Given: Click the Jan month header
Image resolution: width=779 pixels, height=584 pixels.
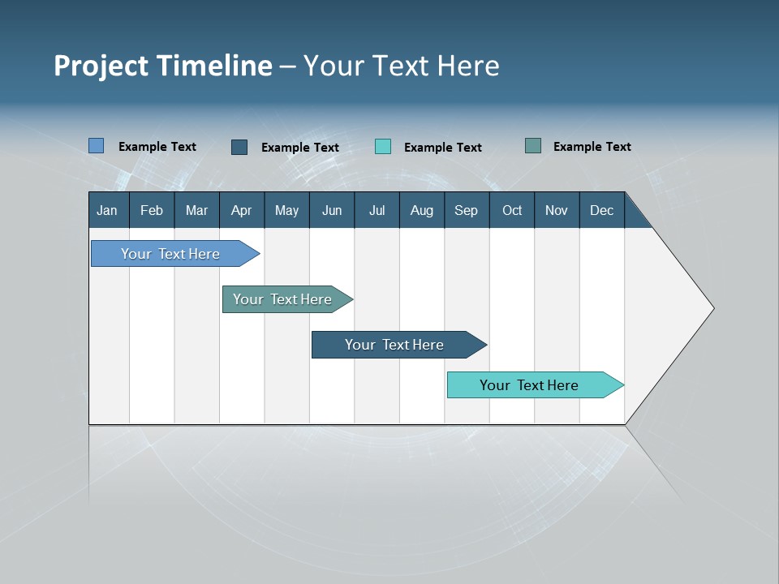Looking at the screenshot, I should [107, 210].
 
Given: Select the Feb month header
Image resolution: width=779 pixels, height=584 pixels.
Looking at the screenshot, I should [152, 210].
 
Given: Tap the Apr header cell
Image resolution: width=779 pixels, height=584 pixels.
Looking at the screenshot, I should [241, 210].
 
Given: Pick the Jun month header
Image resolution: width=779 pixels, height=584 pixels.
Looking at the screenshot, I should [332, 210].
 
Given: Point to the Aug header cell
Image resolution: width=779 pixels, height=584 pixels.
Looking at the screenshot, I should [421, 210].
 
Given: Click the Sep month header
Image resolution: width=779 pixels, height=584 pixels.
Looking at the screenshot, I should [466, 210].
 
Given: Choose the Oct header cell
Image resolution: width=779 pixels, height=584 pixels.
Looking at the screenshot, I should [512, 210].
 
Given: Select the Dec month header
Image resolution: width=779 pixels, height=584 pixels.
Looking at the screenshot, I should [601, 210].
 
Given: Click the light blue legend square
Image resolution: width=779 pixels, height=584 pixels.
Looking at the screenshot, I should [97, 146].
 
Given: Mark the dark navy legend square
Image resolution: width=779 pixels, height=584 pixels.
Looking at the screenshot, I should [239, 147].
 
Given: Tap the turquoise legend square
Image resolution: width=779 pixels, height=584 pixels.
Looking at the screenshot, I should [383, 147].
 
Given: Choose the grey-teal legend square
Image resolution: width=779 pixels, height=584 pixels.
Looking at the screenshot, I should [533, 146].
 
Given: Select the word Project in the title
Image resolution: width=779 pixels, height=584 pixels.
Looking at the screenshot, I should [101, 66].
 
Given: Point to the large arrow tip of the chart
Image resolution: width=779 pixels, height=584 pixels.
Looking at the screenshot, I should [698, 308].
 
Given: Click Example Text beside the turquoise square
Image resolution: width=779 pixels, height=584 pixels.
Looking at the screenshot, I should [442, 148].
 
